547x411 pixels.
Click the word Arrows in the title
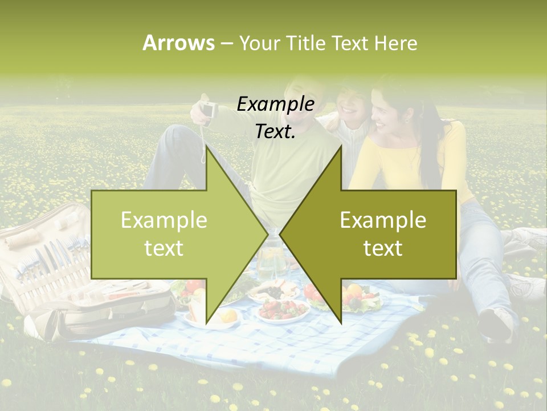[178, 43]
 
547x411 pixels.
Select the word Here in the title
[395, 43]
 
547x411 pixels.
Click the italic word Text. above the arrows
[275, 131]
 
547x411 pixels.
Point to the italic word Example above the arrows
[275, 104]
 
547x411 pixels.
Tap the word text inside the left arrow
[164, 248]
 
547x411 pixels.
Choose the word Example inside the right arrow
[383, 220]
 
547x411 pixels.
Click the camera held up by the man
[208, 108]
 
